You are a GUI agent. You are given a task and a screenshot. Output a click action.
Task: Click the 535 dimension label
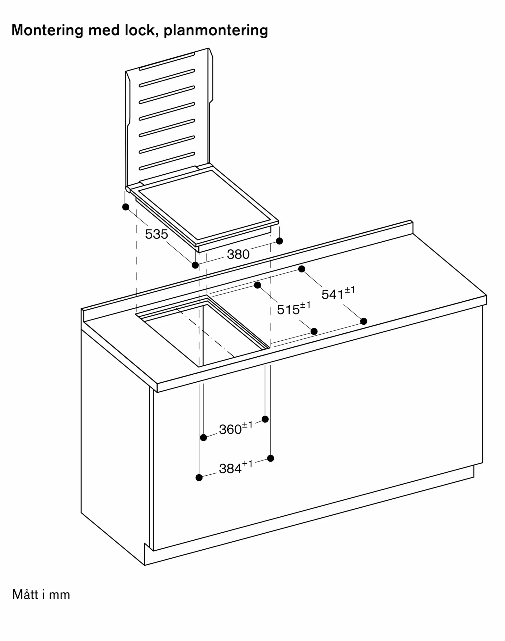[x=156, y=234]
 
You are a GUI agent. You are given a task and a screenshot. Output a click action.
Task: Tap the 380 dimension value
[x=238, y=254]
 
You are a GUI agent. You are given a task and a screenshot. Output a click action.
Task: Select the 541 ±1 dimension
[x=338, y=293]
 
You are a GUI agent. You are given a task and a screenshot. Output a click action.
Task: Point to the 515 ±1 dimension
[x=294, y=308]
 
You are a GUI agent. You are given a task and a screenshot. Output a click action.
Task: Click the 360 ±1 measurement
[x=236, y=428]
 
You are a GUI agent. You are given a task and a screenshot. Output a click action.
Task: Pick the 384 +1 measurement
[x=236, y=467]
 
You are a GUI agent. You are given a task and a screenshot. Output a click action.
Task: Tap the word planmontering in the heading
[x=216, y=31]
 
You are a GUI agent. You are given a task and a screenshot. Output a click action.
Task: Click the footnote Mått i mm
[x=41, y=595]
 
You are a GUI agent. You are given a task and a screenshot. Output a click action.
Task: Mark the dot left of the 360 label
[x=204, y=437]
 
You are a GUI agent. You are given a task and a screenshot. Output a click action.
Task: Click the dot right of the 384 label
[x=271, y=458]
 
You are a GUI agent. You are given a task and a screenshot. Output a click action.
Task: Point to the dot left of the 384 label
[x=199, y=478]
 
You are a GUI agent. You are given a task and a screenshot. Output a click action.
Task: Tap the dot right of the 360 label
[x=265, y=419]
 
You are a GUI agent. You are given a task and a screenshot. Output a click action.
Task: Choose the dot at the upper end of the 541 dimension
[x=302, y=269]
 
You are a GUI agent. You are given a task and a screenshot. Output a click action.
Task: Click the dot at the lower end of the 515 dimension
[x=314, y=331]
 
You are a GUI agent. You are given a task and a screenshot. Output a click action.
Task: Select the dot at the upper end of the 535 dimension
[x=126, y=207]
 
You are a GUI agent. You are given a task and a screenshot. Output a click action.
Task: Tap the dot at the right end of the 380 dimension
[x=280, y=241]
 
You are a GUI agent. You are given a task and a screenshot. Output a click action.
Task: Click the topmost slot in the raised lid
[x=167, y=61]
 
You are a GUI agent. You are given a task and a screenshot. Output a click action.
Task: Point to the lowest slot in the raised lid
[x=167, y=161]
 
